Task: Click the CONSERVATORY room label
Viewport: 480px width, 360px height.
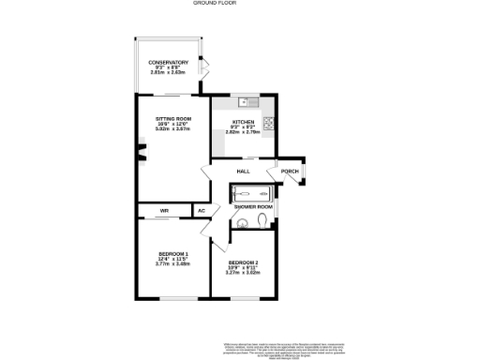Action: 168,63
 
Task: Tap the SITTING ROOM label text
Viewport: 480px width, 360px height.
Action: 172,119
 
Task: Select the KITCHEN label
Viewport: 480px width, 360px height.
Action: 243,123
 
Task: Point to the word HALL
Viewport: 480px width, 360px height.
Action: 243,172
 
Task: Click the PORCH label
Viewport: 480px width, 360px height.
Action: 289,172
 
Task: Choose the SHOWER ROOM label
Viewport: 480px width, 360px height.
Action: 253,206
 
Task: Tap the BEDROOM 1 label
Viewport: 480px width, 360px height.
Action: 172,254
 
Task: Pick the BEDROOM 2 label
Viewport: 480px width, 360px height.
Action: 243,262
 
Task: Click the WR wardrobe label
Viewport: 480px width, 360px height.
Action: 163,211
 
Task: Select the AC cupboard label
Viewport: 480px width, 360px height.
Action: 202,211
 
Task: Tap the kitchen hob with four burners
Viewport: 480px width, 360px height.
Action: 267,122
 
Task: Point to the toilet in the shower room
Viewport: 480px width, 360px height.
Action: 262,221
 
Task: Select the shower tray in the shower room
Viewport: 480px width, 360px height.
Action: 251,193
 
